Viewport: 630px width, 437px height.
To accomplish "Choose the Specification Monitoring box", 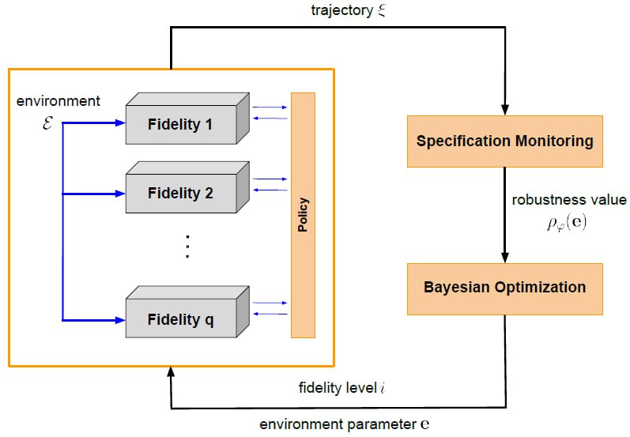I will (504, 141).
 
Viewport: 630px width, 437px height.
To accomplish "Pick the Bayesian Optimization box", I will (504, 288).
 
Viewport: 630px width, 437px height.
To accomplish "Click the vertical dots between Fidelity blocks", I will (187, 248).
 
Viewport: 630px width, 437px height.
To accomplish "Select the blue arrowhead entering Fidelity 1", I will (120, 123).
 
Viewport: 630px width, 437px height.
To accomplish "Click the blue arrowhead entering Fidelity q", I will (120, 320).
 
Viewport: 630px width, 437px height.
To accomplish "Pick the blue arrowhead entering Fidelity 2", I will (120, 192).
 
